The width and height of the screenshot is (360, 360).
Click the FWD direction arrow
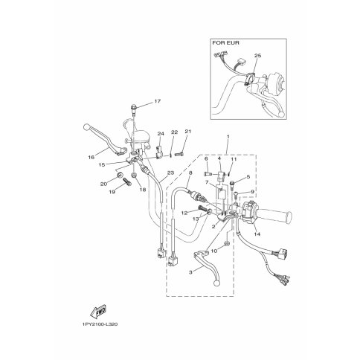[98, 311]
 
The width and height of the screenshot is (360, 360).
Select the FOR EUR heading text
[225, 43]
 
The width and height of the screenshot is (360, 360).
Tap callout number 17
[157, 101]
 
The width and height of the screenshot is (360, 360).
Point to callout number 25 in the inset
[257, 56]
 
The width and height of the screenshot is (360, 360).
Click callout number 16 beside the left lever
[91, 157]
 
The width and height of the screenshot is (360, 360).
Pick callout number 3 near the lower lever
[190, 272]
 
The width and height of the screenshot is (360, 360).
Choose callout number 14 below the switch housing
[257, 234]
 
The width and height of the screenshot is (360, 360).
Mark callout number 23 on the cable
[171, 173]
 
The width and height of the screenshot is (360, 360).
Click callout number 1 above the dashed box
[228, 137]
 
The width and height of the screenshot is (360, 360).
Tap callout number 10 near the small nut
[214, 251]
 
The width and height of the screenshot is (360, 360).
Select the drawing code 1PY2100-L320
[99, 324]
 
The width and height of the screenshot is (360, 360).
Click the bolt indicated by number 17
[134, 109]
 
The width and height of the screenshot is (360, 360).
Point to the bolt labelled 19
[126, 182]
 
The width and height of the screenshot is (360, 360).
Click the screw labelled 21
[179, 154]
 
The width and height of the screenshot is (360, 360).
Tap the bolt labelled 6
[208, 174]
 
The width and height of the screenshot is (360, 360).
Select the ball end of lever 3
[217, 283]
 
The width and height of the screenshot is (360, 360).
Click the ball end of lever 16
[86, 127]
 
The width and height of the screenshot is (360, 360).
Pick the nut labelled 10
[227, 243]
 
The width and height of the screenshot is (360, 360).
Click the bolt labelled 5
[232, 185]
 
